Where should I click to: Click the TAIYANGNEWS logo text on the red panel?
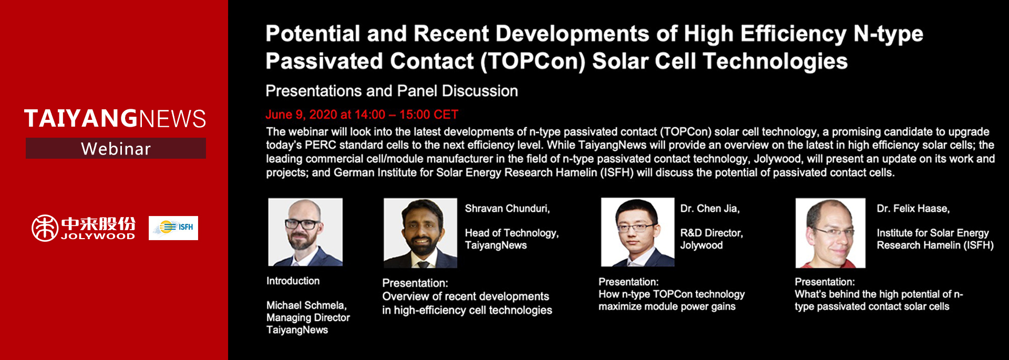115,118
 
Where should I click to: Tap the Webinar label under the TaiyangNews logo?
116,149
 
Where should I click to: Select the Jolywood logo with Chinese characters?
83,228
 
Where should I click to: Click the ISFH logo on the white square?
173,228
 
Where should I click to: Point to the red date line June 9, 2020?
362,115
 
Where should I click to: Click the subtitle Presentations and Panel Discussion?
392,91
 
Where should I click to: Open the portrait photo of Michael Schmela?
305,232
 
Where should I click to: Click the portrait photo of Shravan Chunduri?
420,233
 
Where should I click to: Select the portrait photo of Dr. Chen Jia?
637,232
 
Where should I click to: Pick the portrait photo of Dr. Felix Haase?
830,233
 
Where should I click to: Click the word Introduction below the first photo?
293,281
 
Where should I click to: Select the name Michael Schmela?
306,305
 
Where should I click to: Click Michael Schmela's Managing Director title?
308,317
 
